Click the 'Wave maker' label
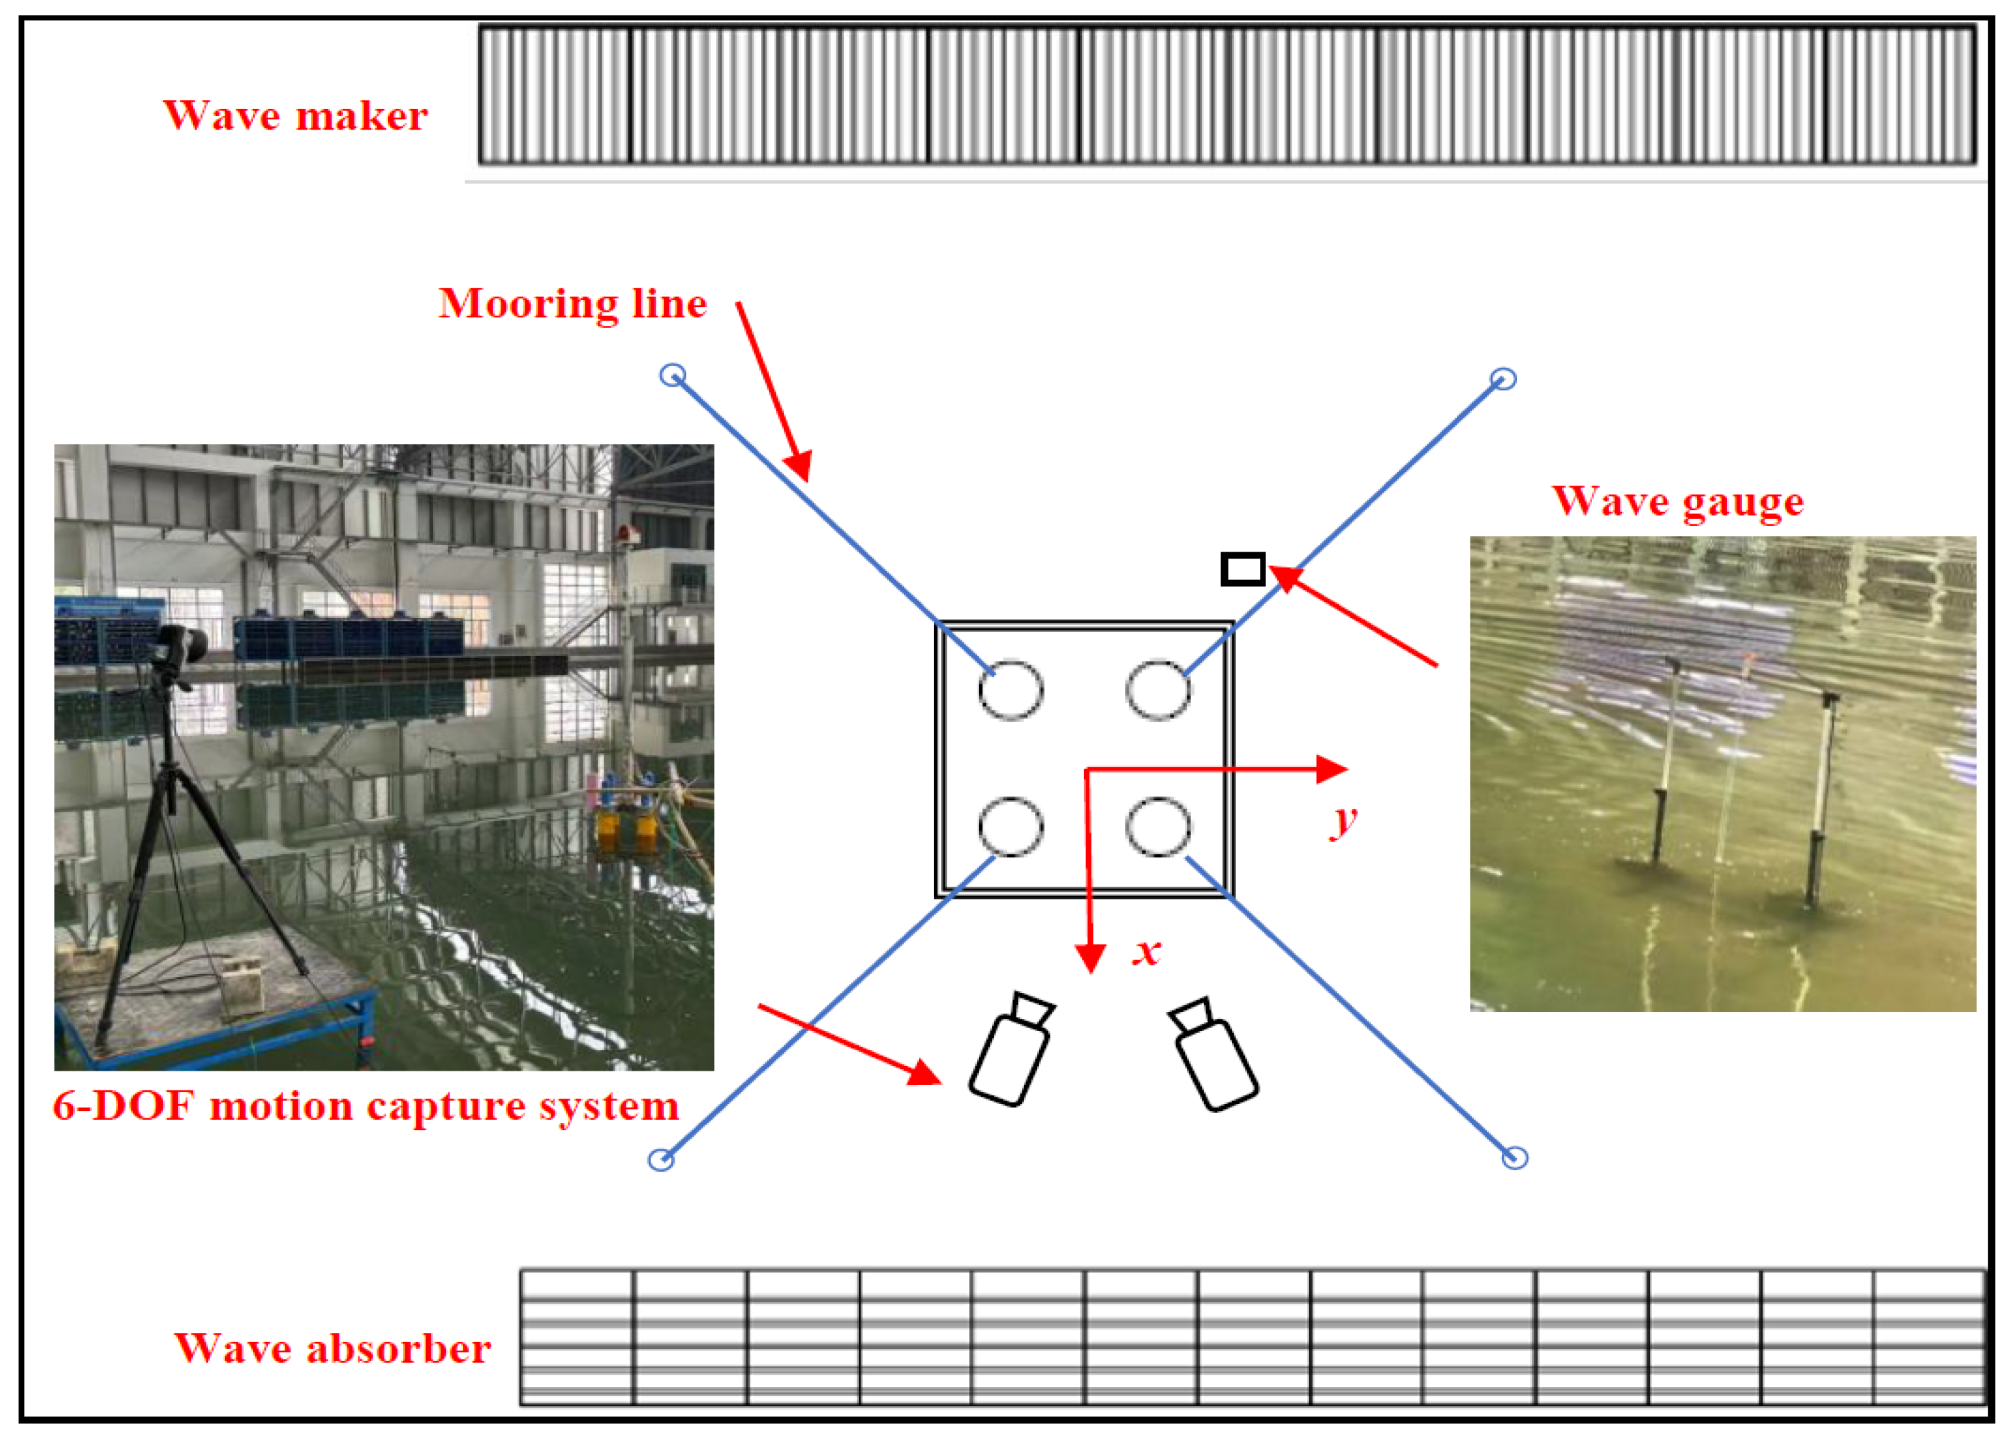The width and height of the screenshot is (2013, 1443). click(x=295, y=115)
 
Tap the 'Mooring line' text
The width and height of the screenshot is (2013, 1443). click(x=572, y=304)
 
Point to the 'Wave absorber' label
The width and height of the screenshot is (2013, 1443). click(x=332, y=1348)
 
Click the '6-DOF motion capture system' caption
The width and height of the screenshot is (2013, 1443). click(x=366, y=1105)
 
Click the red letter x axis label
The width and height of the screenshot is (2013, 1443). click(x=1147, y=951)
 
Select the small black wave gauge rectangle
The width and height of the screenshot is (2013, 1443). click(x=1243, y=569)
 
